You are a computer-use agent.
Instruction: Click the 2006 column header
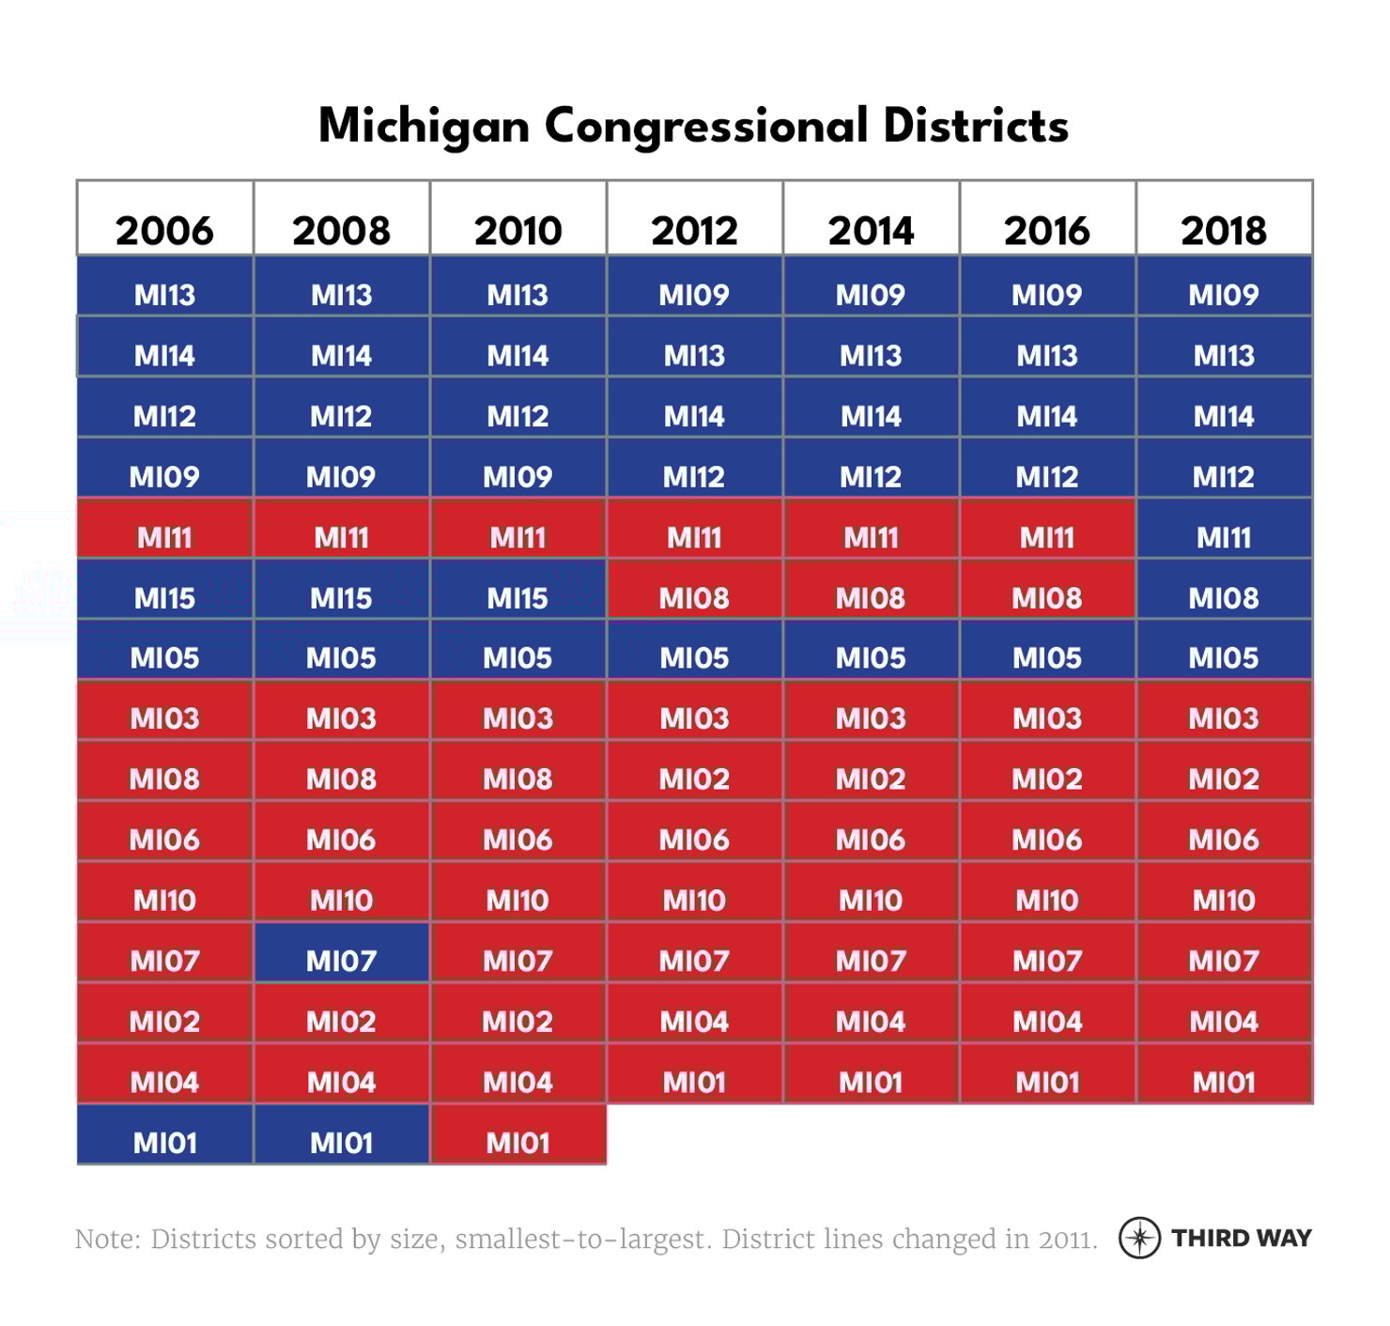pyautogui.click(x=164, y=230)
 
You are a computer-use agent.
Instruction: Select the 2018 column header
pyautogui.click(x=1224, y=230)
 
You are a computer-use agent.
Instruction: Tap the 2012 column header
pyautogui.click(x=694, y=230)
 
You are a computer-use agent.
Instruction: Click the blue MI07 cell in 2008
pyautogui.click(x=341, y=961)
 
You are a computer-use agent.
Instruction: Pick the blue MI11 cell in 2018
pyautogui.click(x=1224, y=537)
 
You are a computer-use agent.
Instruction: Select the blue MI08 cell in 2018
pyautogui.click(x=1224, y=597)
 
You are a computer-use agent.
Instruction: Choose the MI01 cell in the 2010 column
pyautogui.click(x=517, y=1142)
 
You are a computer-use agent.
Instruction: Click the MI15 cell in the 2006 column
pyautogui.click(x=164, y=597)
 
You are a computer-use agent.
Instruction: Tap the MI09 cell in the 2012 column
pyautogui.click(x=694, y=295)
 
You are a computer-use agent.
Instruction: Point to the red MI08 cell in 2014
pyautogui.click(x=871, y=597)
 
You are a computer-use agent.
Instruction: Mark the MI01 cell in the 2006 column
pyautogui.click(x=164, y=1142)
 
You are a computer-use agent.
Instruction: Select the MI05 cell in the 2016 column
pyautogui.click(x=1047, y=657)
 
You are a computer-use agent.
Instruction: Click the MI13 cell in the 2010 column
pyautogui.click(x=517, y=295)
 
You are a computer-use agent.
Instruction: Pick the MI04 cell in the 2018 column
pyautogui.click(x=1224, y=1021)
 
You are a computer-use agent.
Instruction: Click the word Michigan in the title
pyautogui.click(x=424, y=127)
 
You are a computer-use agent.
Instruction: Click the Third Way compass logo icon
pyautogui.click(x=1139, y=1238)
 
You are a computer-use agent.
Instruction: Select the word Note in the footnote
pyautogui.click(x=106, y=1240)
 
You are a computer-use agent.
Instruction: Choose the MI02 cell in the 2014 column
pyautogui.click(x=871, y=779)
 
